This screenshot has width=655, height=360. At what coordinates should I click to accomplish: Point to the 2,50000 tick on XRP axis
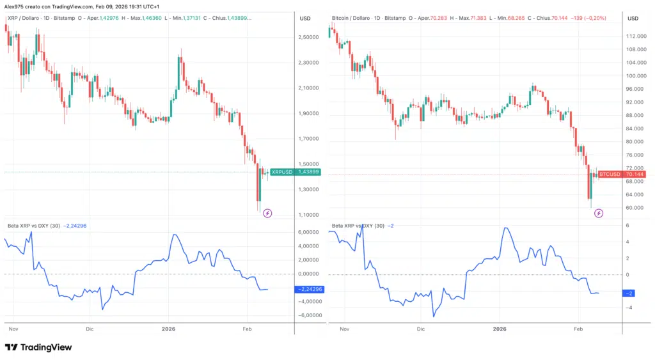coord(309,37)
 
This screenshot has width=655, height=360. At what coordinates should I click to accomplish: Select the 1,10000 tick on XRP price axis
coord(309,215)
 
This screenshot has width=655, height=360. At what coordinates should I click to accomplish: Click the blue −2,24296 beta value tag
coord(309,289)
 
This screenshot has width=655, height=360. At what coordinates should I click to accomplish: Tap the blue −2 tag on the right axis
coord(631,293)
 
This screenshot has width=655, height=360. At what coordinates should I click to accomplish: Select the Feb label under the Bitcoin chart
coord(578,329)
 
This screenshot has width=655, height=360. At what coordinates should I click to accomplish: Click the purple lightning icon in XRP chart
coord(269,212)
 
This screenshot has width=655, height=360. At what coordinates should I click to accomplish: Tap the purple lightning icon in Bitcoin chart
coord(599,213)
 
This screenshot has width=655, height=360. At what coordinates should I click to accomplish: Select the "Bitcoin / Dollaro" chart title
coord(354,17)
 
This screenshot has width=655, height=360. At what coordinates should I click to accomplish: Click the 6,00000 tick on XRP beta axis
coord(309,232)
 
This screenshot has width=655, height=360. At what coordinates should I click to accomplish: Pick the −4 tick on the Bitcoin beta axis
coord(628,308)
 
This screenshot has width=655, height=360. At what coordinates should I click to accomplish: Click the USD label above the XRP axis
coord(305,18)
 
